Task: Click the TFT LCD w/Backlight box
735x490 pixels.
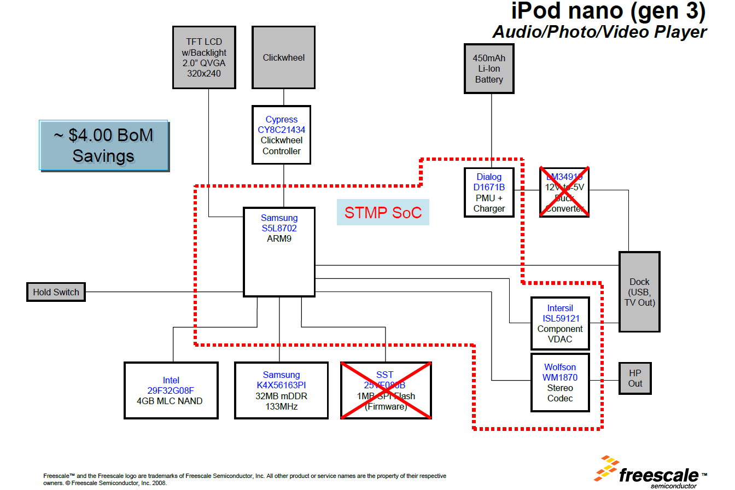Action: click(x=205, y=57)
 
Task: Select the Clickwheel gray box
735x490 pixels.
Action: click(x=283, y=57)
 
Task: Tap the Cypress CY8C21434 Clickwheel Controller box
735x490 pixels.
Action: click(x=281, y=135)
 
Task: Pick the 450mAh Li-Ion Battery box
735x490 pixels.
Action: click(x=488, y=68)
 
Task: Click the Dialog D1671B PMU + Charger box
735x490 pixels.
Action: click(x=489, y=192)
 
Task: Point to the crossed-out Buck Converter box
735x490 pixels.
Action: click(x=564, y=192)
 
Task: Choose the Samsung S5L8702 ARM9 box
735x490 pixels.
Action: click(x=279, y=252)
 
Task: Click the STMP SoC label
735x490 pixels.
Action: click(x=383, y=212)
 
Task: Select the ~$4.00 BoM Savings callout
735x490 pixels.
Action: click(x=103, y=145)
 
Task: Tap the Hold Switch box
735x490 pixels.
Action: click(x=56, y=292)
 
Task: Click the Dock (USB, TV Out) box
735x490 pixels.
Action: click(x=639, y=292)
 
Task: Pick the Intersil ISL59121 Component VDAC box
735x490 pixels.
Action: click(x=560, y=324)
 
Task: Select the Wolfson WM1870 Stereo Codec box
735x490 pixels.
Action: click(x=560, y=382)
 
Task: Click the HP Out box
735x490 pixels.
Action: click(x=635, y=378)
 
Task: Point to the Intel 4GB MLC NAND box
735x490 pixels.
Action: click(x=171, y=390)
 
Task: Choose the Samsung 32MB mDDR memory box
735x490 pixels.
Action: click(x=281, y=390)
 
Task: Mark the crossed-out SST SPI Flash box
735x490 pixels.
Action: click(x=386, y=390)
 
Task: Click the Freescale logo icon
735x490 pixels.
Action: click(x=607, y=469)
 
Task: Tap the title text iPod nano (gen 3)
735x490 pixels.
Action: click(x=608, y=11)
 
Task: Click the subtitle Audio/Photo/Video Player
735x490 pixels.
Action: click(x=599, y=32)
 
